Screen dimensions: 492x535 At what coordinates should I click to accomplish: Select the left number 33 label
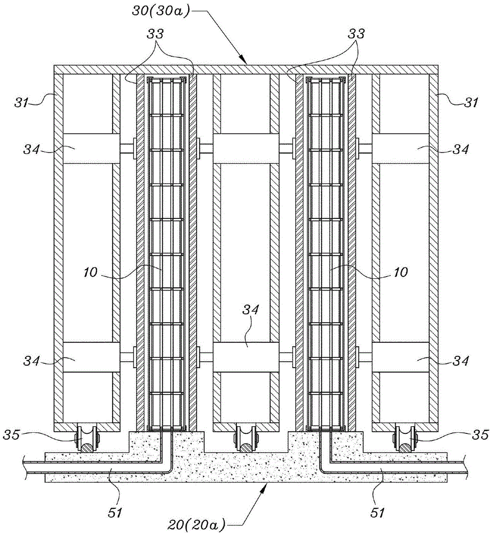point(155,34)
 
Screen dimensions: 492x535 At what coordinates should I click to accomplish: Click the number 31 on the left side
point(21,102)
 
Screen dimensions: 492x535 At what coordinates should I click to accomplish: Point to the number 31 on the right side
point(471,102)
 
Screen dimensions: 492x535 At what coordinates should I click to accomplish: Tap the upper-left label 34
point(32,149)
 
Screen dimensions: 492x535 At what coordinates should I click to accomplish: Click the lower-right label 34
point(460,361)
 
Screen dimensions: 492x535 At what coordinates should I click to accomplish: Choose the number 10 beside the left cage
point(90,272)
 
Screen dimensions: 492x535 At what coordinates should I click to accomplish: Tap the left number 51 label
point(115,513)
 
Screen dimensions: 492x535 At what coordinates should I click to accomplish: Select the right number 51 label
point(377,513)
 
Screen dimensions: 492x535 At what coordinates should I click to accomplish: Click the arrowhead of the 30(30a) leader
point(244,61)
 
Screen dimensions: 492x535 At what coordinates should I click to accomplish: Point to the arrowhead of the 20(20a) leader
point(265,486)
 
